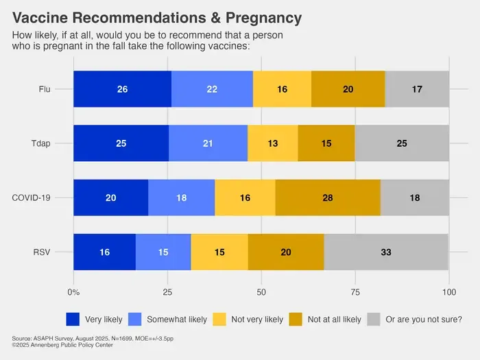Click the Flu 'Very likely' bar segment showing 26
point(123,89)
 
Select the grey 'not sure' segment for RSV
point(386,252)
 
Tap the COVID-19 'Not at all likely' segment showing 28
point(328,197)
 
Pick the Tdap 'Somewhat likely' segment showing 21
point(208,143)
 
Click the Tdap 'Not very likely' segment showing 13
point(273,143)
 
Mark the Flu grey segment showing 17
point(417,89)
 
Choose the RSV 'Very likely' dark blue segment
point(105,252)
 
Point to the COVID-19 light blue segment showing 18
point(182,197)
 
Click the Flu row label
point(45,89)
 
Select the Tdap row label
point(40,143)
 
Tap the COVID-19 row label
point(31,197)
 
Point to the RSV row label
point(42,252)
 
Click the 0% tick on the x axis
point(73,292)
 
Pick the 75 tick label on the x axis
point(355,292)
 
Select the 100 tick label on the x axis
point(449,292)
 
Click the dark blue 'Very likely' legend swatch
point(73,320)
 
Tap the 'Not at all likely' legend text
point(335,320)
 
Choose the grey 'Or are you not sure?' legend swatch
point(374,320)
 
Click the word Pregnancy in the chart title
point(263,18)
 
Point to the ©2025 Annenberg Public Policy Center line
point(62,345)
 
